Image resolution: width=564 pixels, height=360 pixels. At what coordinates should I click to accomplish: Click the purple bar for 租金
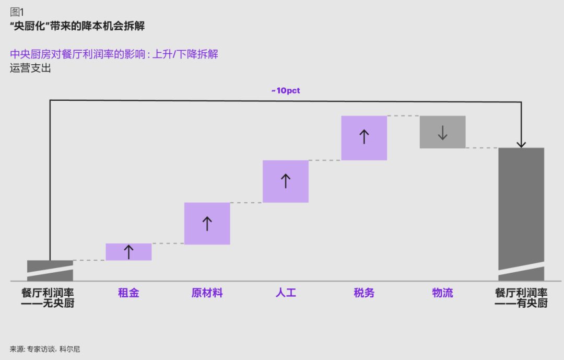pyautogui.click(x=128, y=252)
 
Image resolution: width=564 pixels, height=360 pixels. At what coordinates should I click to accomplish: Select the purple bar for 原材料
pyautogui.click(x=207, y=224)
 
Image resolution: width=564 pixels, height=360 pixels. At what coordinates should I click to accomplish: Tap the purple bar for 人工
pyautogui.click(x=285, y=181)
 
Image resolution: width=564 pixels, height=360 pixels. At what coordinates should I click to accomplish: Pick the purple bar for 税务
pyautogui.click(x=364, y=138)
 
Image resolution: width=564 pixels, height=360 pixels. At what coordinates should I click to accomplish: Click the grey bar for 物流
pyautogui.click(x=442, y=132)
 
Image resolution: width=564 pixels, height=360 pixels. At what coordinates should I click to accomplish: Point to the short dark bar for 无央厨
pyautogui.click(x=50, y=270)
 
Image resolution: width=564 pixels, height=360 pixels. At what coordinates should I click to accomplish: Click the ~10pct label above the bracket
pyautogui.click(x=285, y=90)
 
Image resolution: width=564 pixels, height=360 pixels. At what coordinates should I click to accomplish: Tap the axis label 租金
pyautogui.click(x=128, y=293)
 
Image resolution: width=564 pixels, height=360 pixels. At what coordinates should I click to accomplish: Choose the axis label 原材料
pyautogui.click(x=207, y=293)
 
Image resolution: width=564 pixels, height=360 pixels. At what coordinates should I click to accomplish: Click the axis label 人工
pyautogui.click(x=285, y=293)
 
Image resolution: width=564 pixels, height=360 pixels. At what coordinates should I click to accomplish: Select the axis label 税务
pyautogui.click(x=364, y=293)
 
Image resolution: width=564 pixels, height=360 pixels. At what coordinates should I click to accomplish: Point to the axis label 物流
pyautogui.click(x=442, y=293)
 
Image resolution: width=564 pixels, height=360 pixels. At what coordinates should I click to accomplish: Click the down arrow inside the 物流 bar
pyautogui.click(x=442, y=132)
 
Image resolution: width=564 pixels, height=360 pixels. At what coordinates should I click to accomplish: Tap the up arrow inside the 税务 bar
pyautogui.click(x=364, y=137)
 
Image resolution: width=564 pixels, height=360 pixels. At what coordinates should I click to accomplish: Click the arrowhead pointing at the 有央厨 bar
pyautogui.click(x=521, y=144)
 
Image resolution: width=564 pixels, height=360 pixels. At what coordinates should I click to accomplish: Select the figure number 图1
pyautogui.click(x=17, y=12)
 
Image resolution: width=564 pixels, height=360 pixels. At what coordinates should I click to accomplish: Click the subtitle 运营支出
pyautogui.click(x=30, y=68)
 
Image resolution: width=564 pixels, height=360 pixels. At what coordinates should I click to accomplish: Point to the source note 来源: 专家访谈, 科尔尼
pyautogui.click(x=45, y=349)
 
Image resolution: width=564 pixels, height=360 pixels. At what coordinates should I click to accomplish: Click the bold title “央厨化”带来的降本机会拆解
pyautogui.click(x=77, y=26)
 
